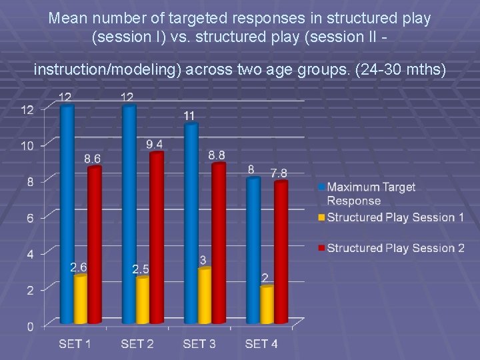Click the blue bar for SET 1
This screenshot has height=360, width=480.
click(67, 213)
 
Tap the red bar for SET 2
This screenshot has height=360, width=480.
click(156, 237)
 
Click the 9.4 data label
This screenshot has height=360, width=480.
click(155, 145)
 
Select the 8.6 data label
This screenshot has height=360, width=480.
click(93, 159)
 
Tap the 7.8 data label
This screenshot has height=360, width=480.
click(279, 173)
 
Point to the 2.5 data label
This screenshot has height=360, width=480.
click(141, 269)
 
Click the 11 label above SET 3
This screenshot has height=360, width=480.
click(190, 116)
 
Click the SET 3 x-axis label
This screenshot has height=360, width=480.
click(199, 344)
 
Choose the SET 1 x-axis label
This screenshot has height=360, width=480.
click(75, 344)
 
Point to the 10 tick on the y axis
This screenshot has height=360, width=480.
click(28, 145)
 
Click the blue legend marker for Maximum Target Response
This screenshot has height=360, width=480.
click(321, 187)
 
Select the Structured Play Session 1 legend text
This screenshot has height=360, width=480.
click(395, 217)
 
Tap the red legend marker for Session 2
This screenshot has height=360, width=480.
click(321, 248)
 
